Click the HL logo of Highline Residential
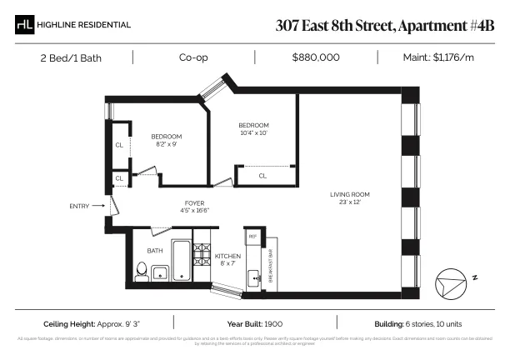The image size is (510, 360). click(25, 25)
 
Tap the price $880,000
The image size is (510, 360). click(316, 57)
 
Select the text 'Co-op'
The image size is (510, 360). click(193, 57)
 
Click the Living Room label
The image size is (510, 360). click(349, 198)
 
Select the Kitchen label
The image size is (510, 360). click(227, 259)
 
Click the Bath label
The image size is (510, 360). click(155, 250)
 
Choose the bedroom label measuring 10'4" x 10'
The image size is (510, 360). click(253, 129)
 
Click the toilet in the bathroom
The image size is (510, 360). click(141, 270)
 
